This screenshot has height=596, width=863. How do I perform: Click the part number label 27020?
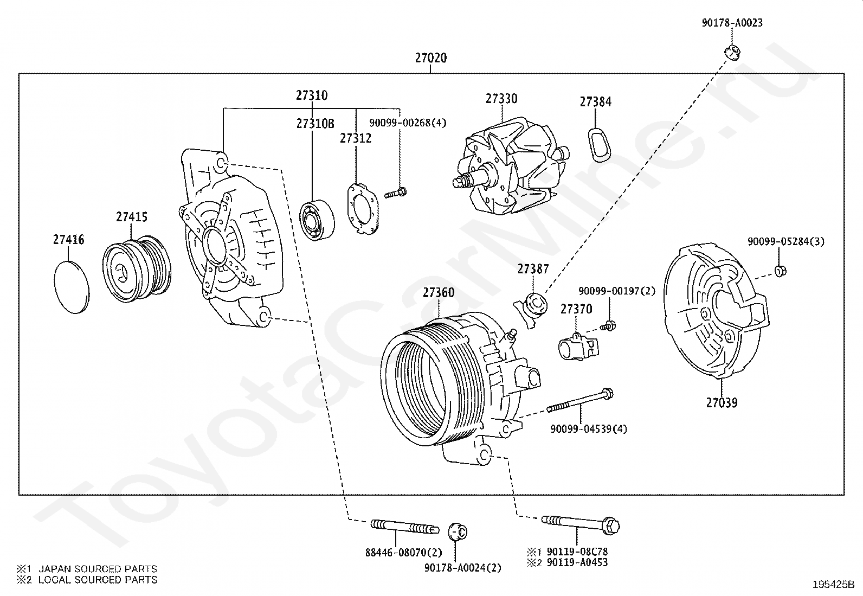pyautogui.click(x=431, y=58)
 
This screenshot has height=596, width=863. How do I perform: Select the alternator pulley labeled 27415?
pyautogui.click(x=137, y=268)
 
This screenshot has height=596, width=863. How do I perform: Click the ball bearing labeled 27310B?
pyautogui.click(x=317, y=221)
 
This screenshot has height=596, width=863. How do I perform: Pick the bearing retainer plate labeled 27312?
pyautogui.click(x=362, y=209)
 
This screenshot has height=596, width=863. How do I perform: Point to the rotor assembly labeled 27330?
pyautogui.click(x=511, y=166)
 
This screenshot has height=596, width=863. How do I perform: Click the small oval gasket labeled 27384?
pyautogui.click(x=599, y=145)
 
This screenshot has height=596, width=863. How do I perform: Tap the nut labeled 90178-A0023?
pyautogui.click(x=731, y=53)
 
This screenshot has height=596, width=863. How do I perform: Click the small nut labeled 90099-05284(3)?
pyautogui.click(x=780, y=271)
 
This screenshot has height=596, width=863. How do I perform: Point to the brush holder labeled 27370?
pyautogui.click(x=578, y=347)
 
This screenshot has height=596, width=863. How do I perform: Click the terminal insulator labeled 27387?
pyautogui.click(x=532, y=309)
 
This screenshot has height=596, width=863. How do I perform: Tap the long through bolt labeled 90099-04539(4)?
pyautogui.click(x=580, y=400)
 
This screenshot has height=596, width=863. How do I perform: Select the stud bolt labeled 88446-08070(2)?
pyautogui.click(x=404, y=527)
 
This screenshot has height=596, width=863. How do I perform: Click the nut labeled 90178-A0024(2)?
pyautogui.click(x=458, y=532)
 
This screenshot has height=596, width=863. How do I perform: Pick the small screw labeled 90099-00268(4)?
pyautogui.click(x=395, y=193)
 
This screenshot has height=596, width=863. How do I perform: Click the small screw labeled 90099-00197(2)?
pyautogui.click(x=608, y=326)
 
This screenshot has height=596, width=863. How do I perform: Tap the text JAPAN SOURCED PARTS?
pyautogui.click(x=98, y=569)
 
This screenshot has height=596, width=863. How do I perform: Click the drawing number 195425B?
pyautogui.click(x=833, y=585)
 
